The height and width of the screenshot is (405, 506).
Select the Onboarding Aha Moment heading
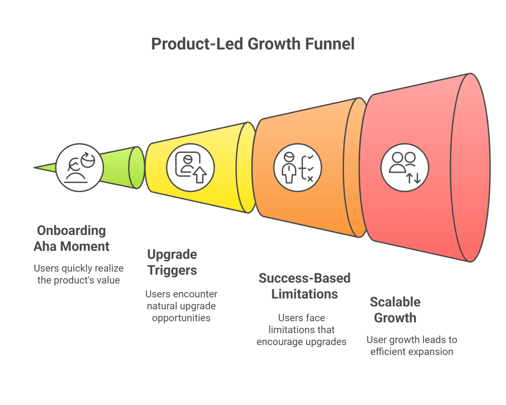[x=71, y=238]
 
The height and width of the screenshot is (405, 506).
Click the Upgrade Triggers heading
[x=172, y=262]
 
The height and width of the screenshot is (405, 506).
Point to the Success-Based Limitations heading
[x=305, y=286]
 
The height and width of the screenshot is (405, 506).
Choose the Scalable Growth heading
[x=395, y=310]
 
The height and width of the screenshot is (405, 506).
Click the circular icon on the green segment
[x=79, y=168]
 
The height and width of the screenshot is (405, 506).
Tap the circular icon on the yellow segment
[x=190, y=168]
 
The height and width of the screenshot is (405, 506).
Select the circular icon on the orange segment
[x=297, y=168]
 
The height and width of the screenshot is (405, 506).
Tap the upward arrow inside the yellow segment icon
[x=200, y=175]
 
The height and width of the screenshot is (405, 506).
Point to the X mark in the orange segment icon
[x=310, y=179]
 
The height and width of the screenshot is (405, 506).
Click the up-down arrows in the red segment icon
[x=414, y=178]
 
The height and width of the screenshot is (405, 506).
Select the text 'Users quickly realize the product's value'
[x=79, y=274]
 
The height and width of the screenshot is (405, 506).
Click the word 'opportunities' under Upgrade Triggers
[x=181, y=318]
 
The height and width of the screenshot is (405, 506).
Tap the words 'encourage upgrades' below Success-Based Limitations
[x=301, y=342]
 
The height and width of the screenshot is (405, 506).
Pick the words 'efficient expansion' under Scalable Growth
[x=412, y=352]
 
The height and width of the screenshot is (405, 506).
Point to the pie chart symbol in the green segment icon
[x=88, y=160]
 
